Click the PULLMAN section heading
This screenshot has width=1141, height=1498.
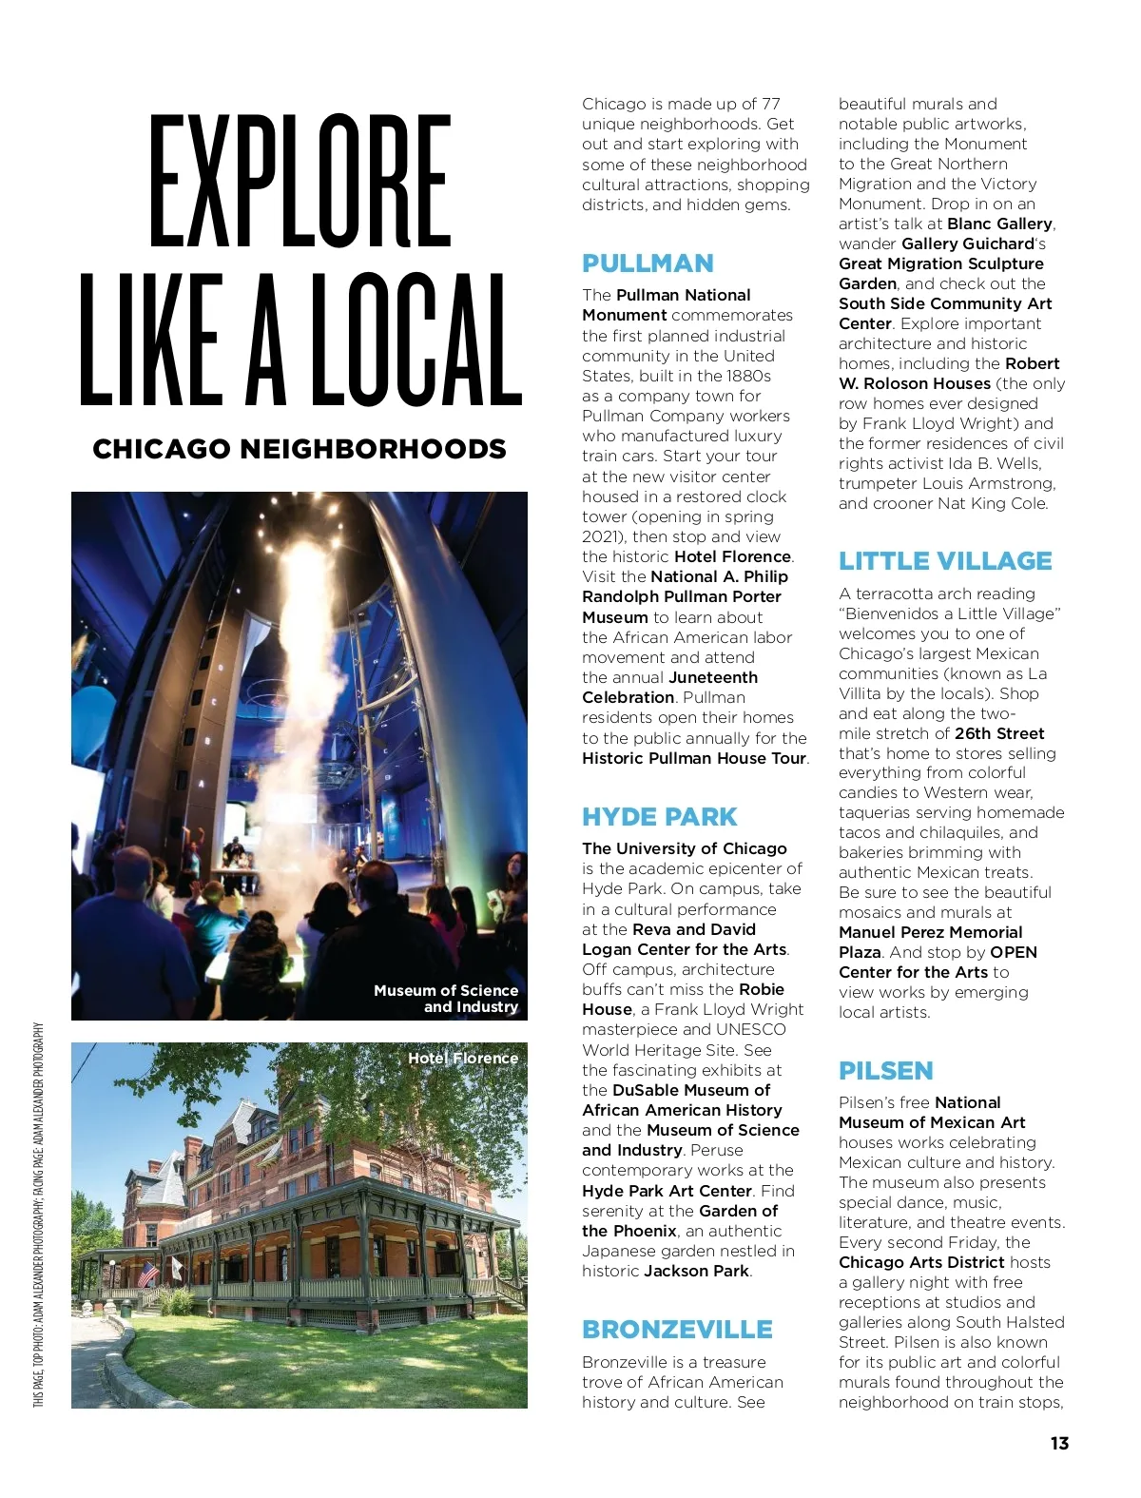point(648,263)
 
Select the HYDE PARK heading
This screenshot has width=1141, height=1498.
point(659,817)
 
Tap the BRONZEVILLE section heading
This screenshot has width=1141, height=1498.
point(677,1330)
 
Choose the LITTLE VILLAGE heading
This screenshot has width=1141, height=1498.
point(945,561)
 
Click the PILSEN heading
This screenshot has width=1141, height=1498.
point(885,1071)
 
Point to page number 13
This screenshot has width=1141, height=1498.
point(1059,1443)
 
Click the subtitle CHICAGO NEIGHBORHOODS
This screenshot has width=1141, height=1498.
point(300,449)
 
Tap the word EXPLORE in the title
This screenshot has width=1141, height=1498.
point(300,181)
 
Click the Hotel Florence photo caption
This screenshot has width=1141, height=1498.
point(463,1058)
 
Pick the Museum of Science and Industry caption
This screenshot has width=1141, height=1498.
point(447,999)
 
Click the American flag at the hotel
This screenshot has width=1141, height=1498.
point(147,1273)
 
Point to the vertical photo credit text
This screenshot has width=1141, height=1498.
point(39,1215)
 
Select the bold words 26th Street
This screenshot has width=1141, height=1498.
point(999,733)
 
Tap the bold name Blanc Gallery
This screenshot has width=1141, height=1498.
point(999,224)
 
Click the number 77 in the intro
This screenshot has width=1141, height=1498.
point(770,104)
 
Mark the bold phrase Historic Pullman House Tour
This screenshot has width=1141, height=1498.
point(694,758)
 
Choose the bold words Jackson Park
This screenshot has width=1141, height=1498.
point(696,1271)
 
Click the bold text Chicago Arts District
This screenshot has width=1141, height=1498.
point(921,1262)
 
